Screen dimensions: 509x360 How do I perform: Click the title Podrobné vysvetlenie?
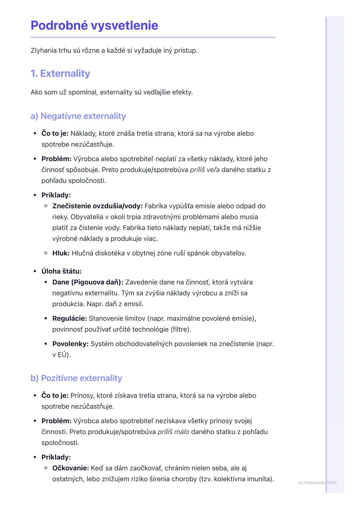pos(94,26)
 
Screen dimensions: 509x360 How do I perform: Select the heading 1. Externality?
pos(60,74)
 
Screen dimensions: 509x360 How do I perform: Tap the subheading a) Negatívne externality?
pos(78,116)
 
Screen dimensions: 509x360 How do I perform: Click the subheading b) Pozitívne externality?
pos(76,378)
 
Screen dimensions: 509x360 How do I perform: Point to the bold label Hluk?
pos(61,253)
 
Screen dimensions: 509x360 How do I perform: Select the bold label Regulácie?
pos(70,318)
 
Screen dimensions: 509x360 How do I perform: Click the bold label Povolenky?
pos(70,344)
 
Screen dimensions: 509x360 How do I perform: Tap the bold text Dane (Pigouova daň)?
pos(88,282)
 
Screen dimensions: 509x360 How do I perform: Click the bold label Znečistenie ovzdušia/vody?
pos(97,206)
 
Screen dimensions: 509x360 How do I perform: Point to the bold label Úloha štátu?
pos(62,271)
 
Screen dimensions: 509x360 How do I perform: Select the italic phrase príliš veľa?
pos(205,170)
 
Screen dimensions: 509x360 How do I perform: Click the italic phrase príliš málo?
pos(173,432)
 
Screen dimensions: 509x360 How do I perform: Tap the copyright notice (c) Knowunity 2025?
pos(317,483)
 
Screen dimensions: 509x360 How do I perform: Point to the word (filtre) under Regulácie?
pos(181,329)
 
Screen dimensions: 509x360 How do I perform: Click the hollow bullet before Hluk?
pos(46,253)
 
